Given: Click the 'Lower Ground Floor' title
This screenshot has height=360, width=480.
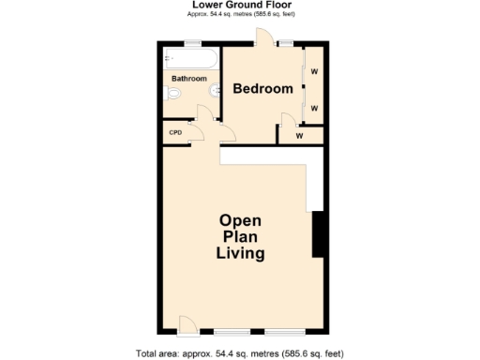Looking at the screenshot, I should (x=240, y=5).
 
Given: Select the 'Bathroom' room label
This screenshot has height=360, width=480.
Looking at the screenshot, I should (x=189, y=79).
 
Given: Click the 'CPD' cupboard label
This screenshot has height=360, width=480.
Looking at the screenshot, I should (x=175, y=132).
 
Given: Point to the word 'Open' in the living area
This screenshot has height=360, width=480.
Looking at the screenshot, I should (x=240, y=220).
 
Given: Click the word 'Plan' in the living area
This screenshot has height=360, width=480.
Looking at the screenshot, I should (x=240, y=237).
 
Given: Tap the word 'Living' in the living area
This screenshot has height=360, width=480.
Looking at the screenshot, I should (x=240, y=254).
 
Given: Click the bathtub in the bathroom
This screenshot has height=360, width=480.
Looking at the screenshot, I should (x=190, y=61).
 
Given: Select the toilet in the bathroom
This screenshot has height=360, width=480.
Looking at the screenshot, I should (x=172, y=96).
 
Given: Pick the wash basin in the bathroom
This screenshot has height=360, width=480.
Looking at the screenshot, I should (x=216, y=91).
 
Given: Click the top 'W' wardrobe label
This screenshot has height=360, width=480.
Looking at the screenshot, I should (x=315, y=72).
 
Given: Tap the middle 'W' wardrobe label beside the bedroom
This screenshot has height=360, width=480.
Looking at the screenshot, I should (x=315, y=108).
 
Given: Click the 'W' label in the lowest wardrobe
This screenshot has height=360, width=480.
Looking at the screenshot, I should (x=299, y=136).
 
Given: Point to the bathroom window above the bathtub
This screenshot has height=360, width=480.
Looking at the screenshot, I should (x=192, y=44).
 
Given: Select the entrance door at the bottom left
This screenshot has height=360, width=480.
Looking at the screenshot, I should (x=187, y=325).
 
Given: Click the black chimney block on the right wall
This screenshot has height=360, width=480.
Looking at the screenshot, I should (x=318, y=234).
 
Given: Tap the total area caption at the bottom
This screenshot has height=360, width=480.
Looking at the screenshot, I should (x=240, y=352).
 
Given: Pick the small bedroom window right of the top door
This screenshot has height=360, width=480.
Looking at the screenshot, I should (x=285, y=44).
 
